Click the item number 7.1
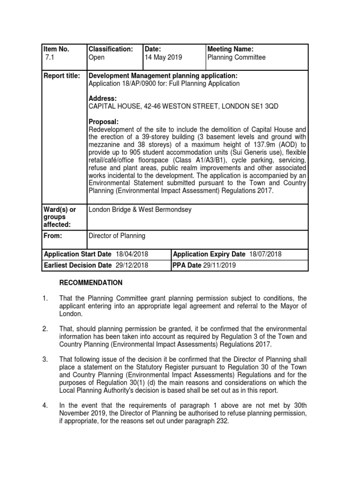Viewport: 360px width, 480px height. tap(49, 58)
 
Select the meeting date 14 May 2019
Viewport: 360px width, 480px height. tap(164, 58)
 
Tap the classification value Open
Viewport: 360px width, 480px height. tap(97, 58)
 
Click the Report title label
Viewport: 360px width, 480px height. tap(61, 75)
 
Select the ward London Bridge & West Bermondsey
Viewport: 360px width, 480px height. tap(141, 209)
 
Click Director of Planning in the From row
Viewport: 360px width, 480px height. tap(117, 236)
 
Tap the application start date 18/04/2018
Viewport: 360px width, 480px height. tap(131, 254)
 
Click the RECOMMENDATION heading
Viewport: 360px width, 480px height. tap(90, 283)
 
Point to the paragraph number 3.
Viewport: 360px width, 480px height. tap(45, 360)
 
